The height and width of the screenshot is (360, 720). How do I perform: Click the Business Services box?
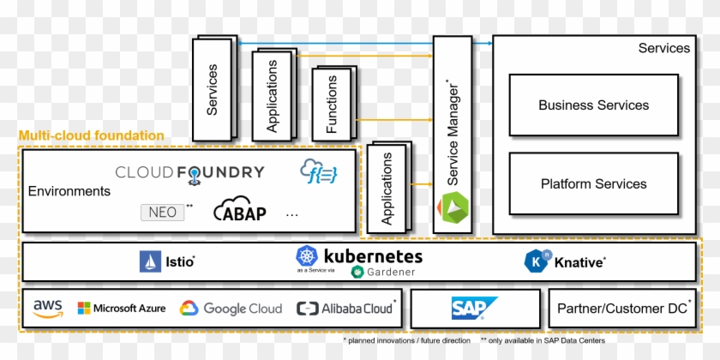tap(593, 105)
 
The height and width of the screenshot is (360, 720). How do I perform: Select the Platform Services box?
tap(593, 183)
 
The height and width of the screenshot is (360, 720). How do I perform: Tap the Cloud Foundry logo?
tap(189, 174)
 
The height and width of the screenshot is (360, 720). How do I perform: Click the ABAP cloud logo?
tap(239, 210)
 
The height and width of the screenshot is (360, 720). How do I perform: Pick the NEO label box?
tap(163, 212)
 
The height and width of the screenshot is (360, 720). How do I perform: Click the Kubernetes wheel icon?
tap(307, 255)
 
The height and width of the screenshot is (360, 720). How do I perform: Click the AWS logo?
tap(49, 309)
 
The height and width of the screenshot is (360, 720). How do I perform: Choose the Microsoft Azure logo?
tap(121, 309)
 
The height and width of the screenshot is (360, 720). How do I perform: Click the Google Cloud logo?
tap(231, 309)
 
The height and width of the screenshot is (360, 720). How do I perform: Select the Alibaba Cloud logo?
tap(345, 309)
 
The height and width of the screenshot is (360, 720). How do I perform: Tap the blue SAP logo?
tap(474, 309)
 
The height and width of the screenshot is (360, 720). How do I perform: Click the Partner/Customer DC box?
tap(624, 309)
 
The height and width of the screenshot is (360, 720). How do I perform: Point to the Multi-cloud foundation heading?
tap(91, 135)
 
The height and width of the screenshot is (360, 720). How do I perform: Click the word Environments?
tap(69, 191)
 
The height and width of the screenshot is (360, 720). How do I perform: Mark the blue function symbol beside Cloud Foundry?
tap(318, 171)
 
